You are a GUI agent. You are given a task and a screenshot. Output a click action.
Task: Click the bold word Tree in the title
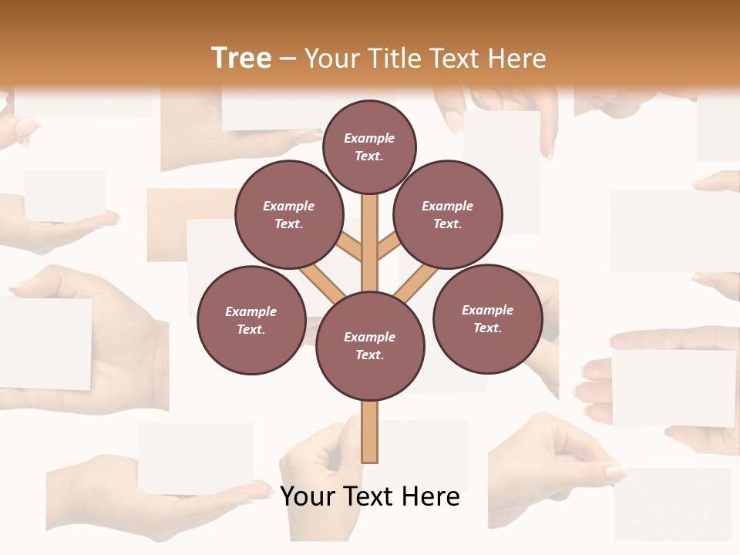(x=240, y=59)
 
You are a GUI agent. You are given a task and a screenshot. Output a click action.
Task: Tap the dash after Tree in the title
(x=288, y=59)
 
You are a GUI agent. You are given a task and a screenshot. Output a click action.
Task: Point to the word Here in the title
(x=517, y=59)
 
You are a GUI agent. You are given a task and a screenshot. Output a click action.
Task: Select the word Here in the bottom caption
(x=431, y=496)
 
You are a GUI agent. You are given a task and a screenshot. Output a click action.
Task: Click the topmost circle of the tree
(x=369, y=146)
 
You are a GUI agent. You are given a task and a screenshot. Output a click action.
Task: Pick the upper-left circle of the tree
(x=289, y=215)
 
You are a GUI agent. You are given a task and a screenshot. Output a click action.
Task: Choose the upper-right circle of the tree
(x=448, y=215)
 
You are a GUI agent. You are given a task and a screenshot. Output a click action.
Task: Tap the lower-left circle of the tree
(x=251, y=321)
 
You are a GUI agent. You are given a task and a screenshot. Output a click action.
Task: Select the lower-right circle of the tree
(x=488, y=319)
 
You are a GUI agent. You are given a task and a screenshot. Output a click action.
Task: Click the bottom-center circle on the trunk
(x=370, y=346)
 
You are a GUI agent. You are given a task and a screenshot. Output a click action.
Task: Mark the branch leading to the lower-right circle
(x=416, y=282)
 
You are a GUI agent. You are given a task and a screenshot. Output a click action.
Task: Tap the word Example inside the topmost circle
(x=369, y=138)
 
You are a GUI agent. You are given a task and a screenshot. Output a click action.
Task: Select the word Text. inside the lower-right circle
(x=487, y=328)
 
